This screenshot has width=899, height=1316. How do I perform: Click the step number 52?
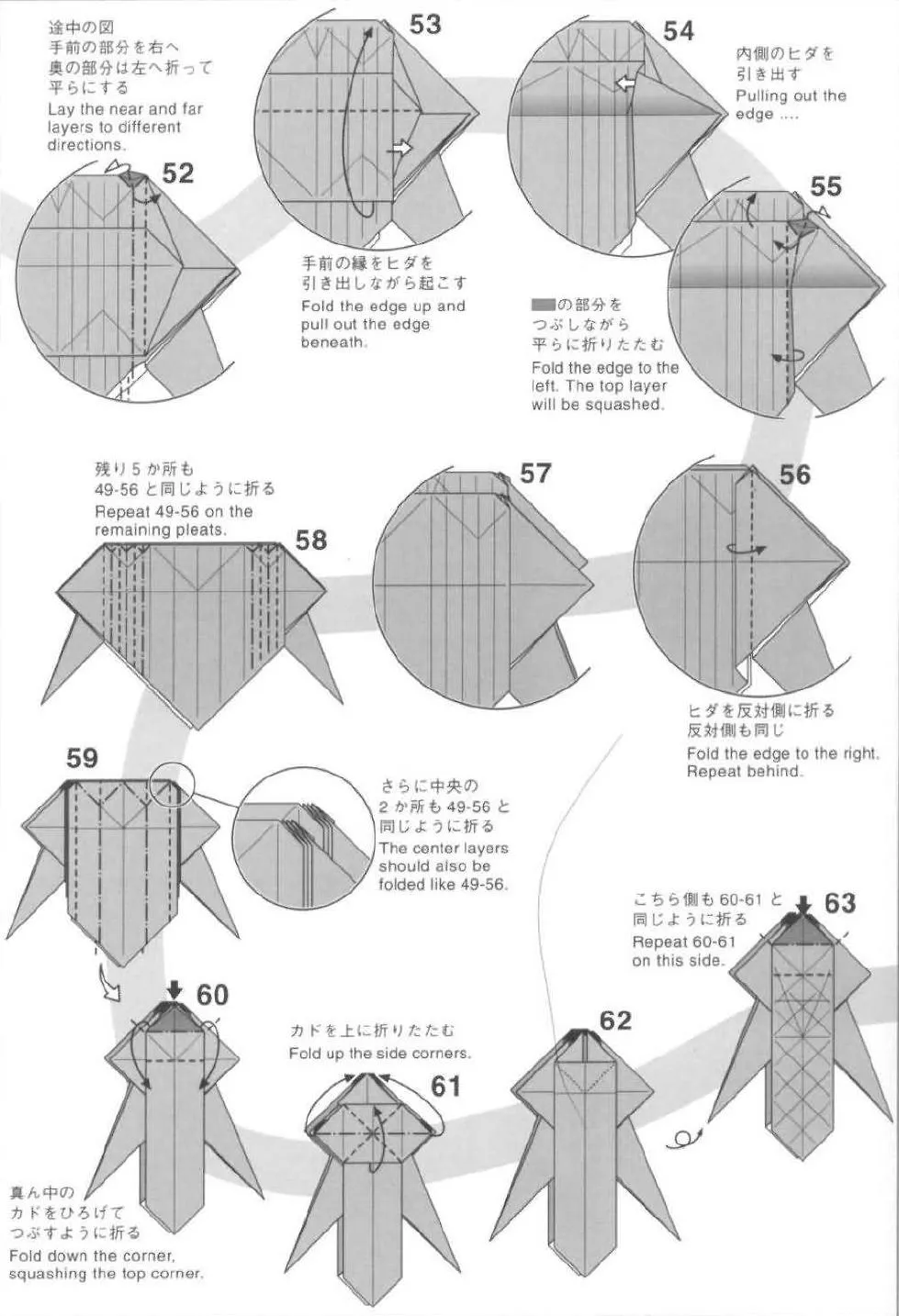point(177,173)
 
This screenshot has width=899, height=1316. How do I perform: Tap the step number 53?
point(425,24)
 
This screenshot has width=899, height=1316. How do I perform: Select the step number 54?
point(678,31)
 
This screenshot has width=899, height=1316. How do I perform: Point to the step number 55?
point(826,186)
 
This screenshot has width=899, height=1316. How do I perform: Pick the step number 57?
point(535,473)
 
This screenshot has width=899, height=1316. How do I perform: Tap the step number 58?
point(311,540)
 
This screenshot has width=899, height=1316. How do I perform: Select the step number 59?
point(82,758)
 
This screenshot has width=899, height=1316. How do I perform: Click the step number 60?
point(212,995)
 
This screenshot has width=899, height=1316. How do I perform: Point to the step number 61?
point(445,1086)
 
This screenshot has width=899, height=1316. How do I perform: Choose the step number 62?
point(615,1020)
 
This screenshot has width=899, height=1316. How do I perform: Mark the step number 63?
point(839,903)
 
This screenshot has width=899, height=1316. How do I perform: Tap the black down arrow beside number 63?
point(803,904)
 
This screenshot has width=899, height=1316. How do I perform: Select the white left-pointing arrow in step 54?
point(624,84)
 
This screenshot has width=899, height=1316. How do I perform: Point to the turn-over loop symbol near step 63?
point(680,1140)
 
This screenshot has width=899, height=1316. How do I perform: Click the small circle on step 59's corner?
point(172,783)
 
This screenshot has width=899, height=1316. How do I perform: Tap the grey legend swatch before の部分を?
point(543,305)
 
